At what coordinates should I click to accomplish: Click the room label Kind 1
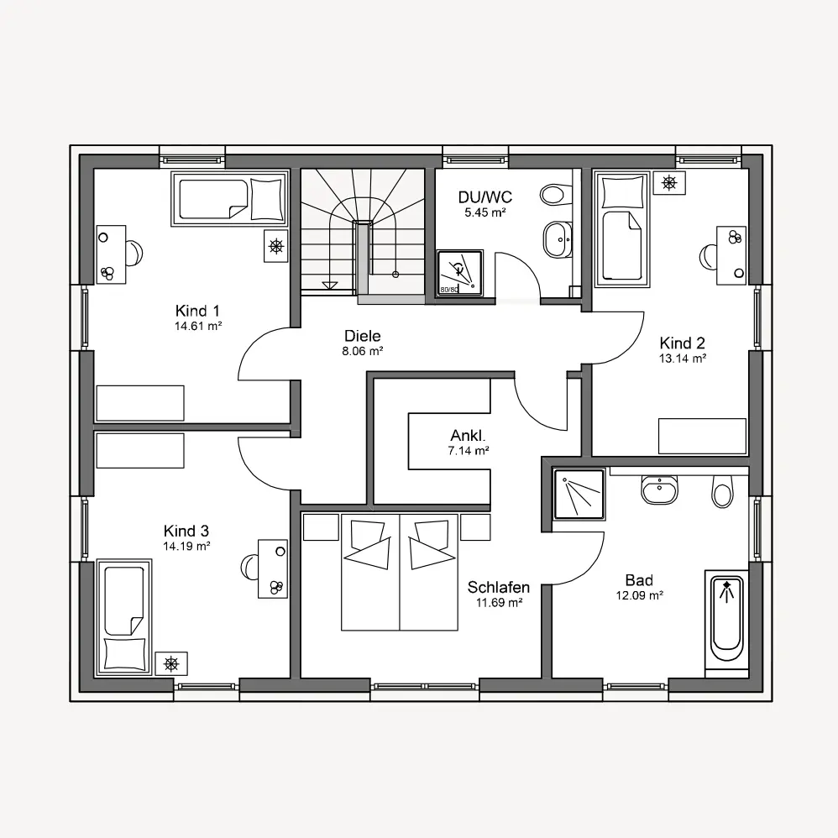[x=197, y=311]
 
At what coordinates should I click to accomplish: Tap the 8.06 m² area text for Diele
[x=363, y=351]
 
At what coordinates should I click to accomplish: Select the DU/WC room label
[x=484, y=196]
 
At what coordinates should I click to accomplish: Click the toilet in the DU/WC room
[x=552, y=194]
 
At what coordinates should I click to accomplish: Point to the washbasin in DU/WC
[x=558, y=239]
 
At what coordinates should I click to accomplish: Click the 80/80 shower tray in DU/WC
[x=459, y=273]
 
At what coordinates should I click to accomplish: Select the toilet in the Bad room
[x=721, y=490]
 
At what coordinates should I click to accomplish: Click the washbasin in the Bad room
[x=659, y=489]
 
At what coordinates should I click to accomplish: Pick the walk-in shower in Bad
[x=579, y=495]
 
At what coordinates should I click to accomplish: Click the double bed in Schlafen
[x=400, y=572]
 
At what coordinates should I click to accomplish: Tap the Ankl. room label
[x=469, y=435]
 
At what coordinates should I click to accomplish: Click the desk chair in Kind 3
[x=249, y=566]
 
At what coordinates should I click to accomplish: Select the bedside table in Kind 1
[x=275, y=246]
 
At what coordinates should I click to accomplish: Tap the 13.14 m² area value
[x=682, y=358]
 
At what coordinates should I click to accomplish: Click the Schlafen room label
[x=499, y=587]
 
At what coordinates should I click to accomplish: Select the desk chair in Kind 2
[x=709, y=257]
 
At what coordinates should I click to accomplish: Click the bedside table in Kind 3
[x=171, y=664]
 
